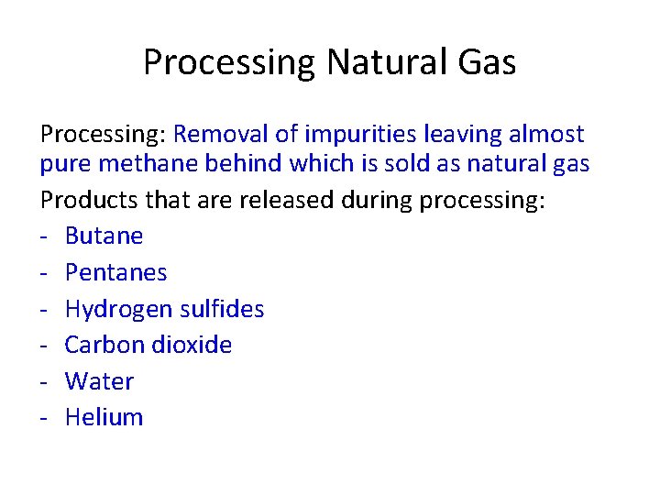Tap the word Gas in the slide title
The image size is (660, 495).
coord(485,62)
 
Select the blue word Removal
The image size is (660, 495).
coord(221,135)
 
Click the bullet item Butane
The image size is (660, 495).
coord(104,236)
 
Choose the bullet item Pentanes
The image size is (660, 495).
coord(116,272)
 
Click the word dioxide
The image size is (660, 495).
coord(193,345)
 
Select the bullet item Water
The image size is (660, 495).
coord(99,381)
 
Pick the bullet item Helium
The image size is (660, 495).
coord(104,417)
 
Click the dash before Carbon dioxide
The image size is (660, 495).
coord(44,346)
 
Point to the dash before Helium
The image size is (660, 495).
coord(44,418)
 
